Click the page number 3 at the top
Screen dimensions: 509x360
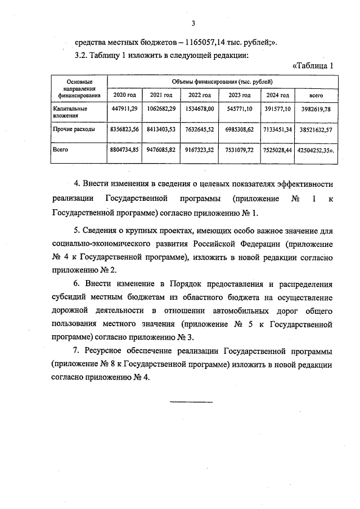pos(192,23)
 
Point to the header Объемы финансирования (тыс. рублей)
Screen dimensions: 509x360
pos(223,82)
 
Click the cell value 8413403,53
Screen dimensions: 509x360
pos(161,129)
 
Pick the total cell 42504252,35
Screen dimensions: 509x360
pos(317,151)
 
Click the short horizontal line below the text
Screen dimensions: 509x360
pos(191,402)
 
